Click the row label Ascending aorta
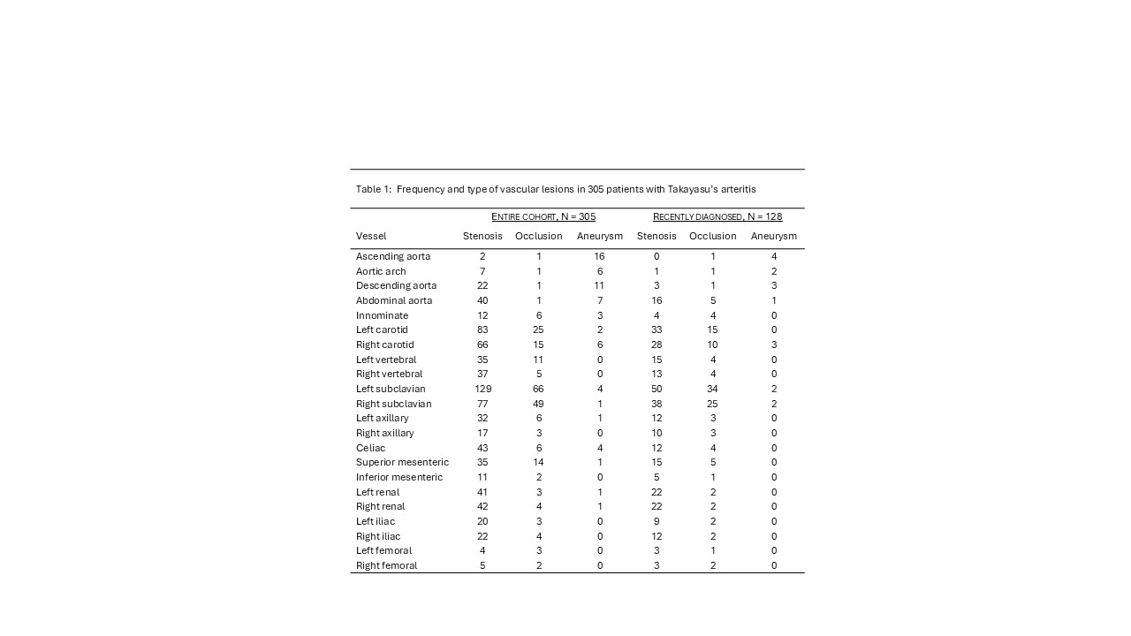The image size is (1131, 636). [x=393, y=256]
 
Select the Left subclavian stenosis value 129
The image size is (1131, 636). [x=482, y=389]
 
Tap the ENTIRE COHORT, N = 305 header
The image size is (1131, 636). [x=543, y=216]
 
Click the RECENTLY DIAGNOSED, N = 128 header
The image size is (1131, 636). [x=717, y=216]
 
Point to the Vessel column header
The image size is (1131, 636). [x=371, y=236]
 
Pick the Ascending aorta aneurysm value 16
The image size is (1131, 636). [x=600, y=256]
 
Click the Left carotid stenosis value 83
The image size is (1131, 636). [x=482, y=329]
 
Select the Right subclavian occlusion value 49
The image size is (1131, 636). [x=539, y=404]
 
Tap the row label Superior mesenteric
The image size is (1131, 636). [x=402, y=462]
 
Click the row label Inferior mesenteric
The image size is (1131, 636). [x=399, y=477]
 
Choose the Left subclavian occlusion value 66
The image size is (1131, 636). [x=539, y=389]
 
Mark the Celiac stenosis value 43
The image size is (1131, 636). [x=482, y=448]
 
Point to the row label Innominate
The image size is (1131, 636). [x=383, y=315]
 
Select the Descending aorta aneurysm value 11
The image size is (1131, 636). [x=600, y=285]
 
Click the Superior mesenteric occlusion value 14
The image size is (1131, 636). [x=539, y=462]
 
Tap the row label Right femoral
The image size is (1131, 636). [x=386, y=565]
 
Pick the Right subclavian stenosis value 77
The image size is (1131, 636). [x=482, y=404]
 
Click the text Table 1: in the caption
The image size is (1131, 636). [x=374, y=189]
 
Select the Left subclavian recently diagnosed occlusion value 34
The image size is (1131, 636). [x=713, y=389]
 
